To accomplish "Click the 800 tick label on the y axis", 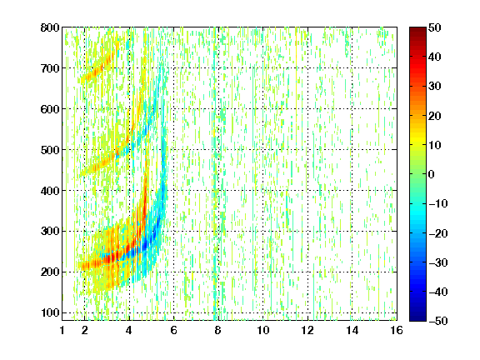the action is (x=50, y=27).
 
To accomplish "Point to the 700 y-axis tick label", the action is (x=50, y=68).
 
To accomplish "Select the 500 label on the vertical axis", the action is (x=50, y=150).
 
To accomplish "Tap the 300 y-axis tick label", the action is (x=50, y=231).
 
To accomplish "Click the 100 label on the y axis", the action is (x=50, y=312).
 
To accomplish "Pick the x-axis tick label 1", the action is (x=62, y=330).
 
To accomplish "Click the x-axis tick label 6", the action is (x=173, y=330).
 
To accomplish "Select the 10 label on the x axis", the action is (x=263, y=330).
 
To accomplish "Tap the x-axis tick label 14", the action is (x=352, y=330).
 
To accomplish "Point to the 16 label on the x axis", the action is (x=397, y=330).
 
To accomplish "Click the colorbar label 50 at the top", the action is (x=434, y=27).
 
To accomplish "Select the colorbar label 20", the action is (x=434, y=116).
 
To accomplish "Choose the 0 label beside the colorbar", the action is (x=432, y=174).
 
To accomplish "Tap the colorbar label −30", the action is (x=438, y=262).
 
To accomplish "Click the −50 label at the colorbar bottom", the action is (x=438, y=321).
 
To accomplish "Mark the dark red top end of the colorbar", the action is (x=417, y=29).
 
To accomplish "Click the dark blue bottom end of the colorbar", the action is (x=417, y=319).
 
